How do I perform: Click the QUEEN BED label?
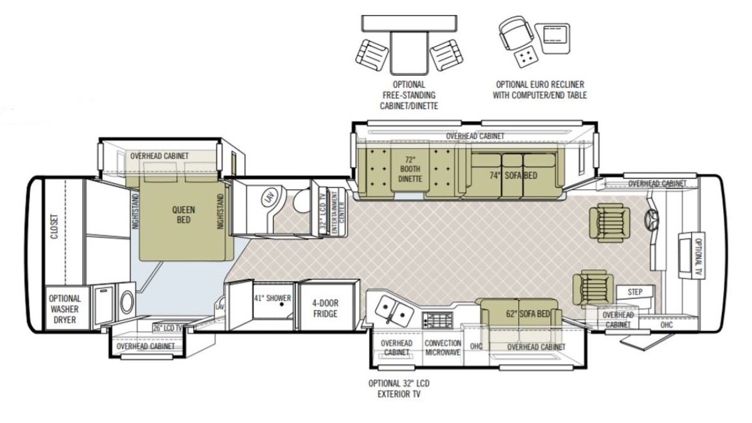point(183,215)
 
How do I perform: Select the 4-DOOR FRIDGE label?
point(325,308)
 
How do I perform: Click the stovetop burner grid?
point(437,320)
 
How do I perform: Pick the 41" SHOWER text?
point(272,298)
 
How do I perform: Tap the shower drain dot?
point(281,304)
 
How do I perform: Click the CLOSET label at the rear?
point(55,226)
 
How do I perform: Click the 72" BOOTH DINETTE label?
point(410,169)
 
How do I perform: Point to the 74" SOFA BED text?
point(513,175)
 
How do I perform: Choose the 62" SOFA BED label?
point(528,314)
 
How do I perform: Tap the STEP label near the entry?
point(635,292)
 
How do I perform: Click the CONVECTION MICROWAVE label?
point(443,347)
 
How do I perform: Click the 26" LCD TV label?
point(167,328)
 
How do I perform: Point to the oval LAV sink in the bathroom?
point(268,199)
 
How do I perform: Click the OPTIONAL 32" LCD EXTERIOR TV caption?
point(399,389)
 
